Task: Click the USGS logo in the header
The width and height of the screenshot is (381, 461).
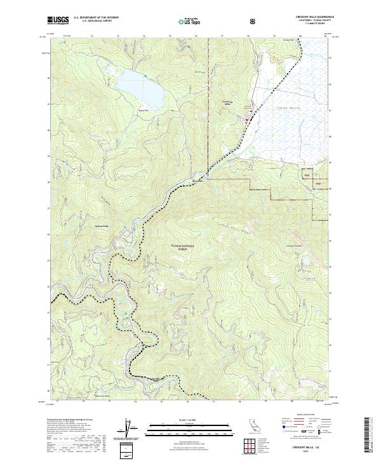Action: (58, 21)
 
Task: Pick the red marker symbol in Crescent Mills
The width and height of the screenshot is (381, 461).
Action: (249, 118)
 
